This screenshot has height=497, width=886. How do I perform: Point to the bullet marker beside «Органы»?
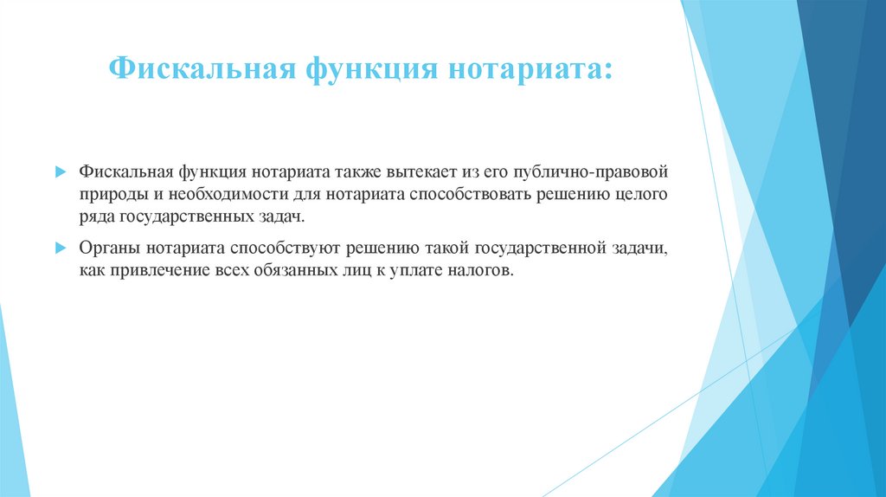60,247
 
